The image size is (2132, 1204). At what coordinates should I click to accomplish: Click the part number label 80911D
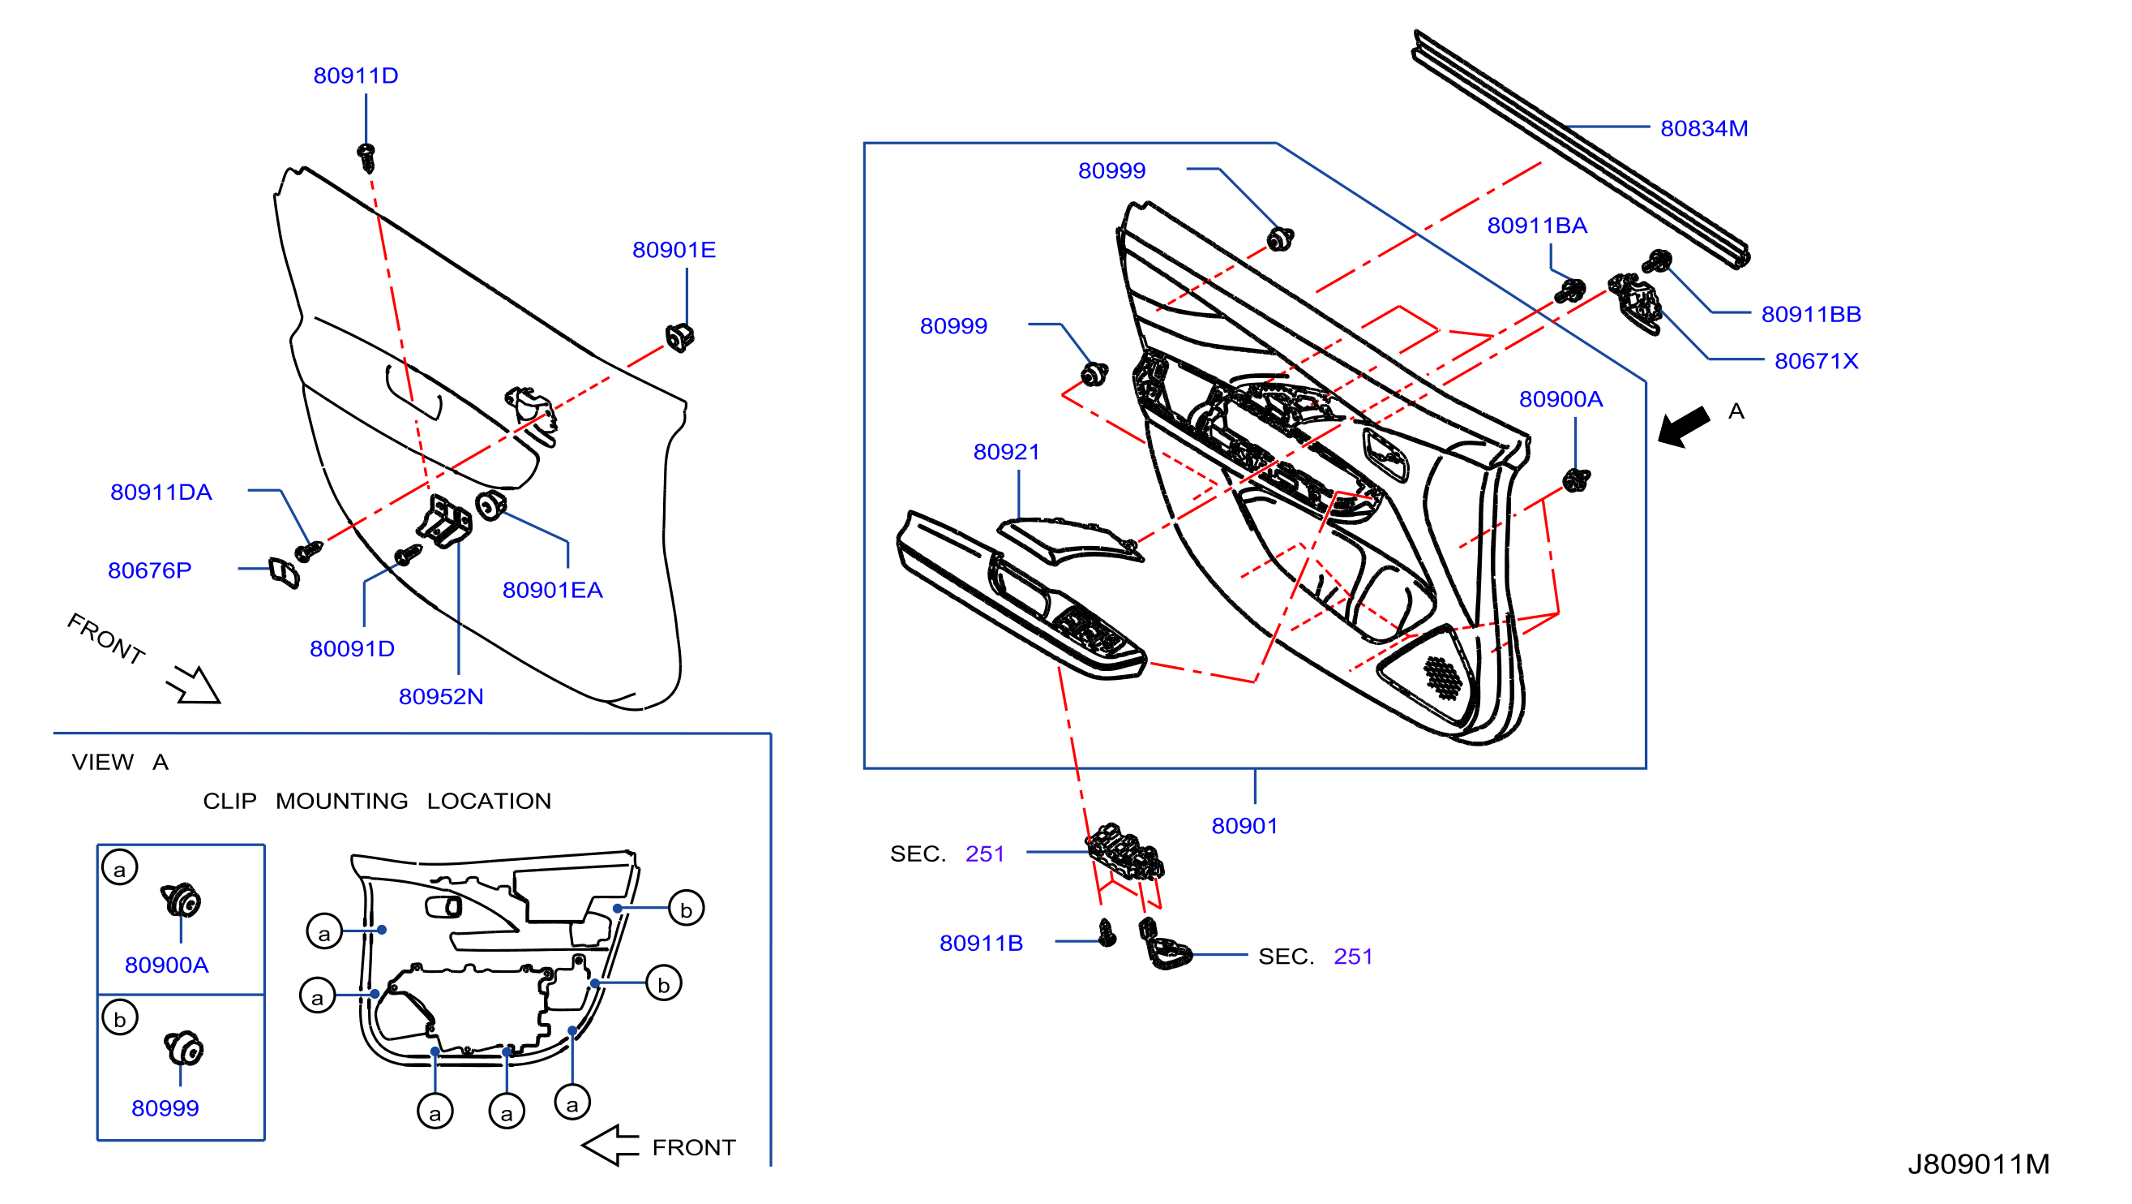click(356, 75)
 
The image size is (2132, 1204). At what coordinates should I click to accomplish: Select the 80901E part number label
click(674, 249)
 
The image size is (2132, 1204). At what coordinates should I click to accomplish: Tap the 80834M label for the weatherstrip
click(1704, 128)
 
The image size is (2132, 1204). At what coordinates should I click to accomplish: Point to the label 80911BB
click(1811, 314)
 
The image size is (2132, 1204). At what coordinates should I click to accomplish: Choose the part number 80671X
click(1816, 360)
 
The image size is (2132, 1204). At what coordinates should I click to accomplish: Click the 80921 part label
click(1005, 451)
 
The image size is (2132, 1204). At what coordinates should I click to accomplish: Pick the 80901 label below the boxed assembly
click(1244, 826)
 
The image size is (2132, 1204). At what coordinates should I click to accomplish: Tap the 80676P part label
click(149, 570)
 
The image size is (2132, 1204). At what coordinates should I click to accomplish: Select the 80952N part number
click(440, 696)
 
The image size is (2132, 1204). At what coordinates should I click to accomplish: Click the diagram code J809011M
click(1978, 1164)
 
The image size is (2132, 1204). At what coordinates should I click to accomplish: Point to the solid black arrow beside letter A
click(1684, 428)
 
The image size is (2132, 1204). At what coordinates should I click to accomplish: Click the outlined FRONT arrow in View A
click(610, 1146)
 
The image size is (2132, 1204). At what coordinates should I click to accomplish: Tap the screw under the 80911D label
click(366, 157)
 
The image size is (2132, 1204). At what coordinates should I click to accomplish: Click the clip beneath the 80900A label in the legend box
click(181, 900)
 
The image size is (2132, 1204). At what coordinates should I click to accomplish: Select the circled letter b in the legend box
click(120, 1017)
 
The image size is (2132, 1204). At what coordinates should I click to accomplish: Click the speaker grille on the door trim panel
click(1444, 677)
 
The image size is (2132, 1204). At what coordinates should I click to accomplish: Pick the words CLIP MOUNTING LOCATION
click(377, 801)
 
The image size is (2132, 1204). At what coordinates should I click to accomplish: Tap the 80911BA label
click(1537, 226)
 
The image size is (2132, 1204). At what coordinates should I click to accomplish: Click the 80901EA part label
click(552, 590)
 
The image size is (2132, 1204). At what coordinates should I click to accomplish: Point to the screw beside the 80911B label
click(1107, 933)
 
